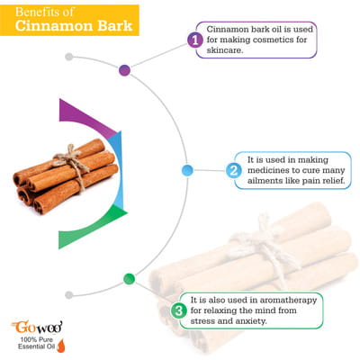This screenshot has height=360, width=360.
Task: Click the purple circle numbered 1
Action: (195, 40)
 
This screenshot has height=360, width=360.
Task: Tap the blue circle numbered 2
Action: (233, 171)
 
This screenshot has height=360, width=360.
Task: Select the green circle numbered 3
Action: (179, 310)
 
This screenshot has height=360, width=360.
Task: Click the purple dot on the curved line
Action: (124, 70)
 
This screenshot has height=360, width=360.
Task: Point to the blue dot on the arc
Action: (187, 170)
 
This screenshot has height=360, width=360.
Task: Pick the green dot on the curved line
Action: (130, 279)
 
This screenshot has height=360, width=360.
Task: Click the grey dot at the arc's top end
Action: (69, 57)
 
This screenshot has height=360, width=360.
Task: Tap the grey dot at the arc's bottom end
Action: (69, 295)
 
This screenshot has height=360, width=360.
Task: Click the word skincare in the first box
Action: (224, 50)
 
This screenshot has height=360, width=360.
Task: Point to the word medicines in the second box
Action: (267, 170)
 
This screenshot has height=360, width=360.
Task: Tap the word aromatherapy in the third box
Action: (288, 301)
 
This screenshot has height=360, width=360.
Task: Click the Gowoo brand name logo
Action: (37, 327)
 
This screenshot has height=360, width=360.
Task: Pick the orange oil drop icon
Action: (60, 345)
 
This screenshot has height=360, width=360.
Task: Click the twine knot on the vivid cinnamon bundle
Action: (69, 156)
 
